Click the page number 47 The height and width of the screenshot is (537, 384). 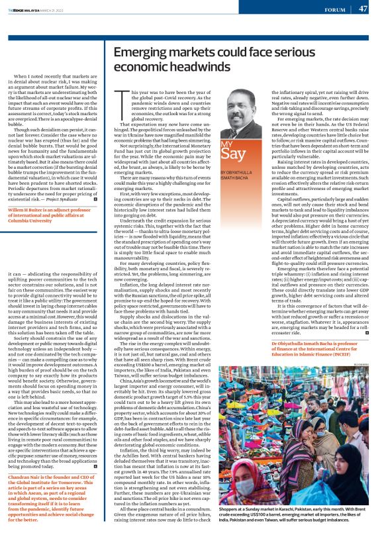(x=363, y=9)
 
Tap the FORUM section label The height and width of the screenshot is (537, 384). (x=334, y=9)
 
